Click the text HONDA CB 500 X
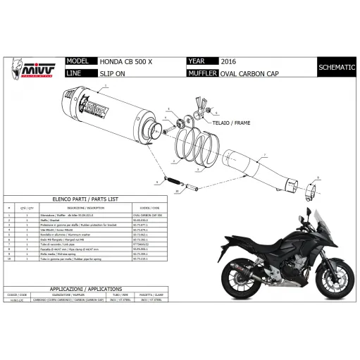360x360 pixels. [x=118, y=62]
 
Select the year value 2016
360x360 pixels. [x=230, y=62]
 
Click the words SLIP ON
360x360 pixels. [x=106, y=73]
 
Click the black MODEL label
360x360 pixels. [x=78, y=62]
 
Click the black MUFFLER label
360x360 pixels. [x=203, y=73]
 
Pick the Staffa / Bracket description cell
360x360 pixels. [x=79, y=220]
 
